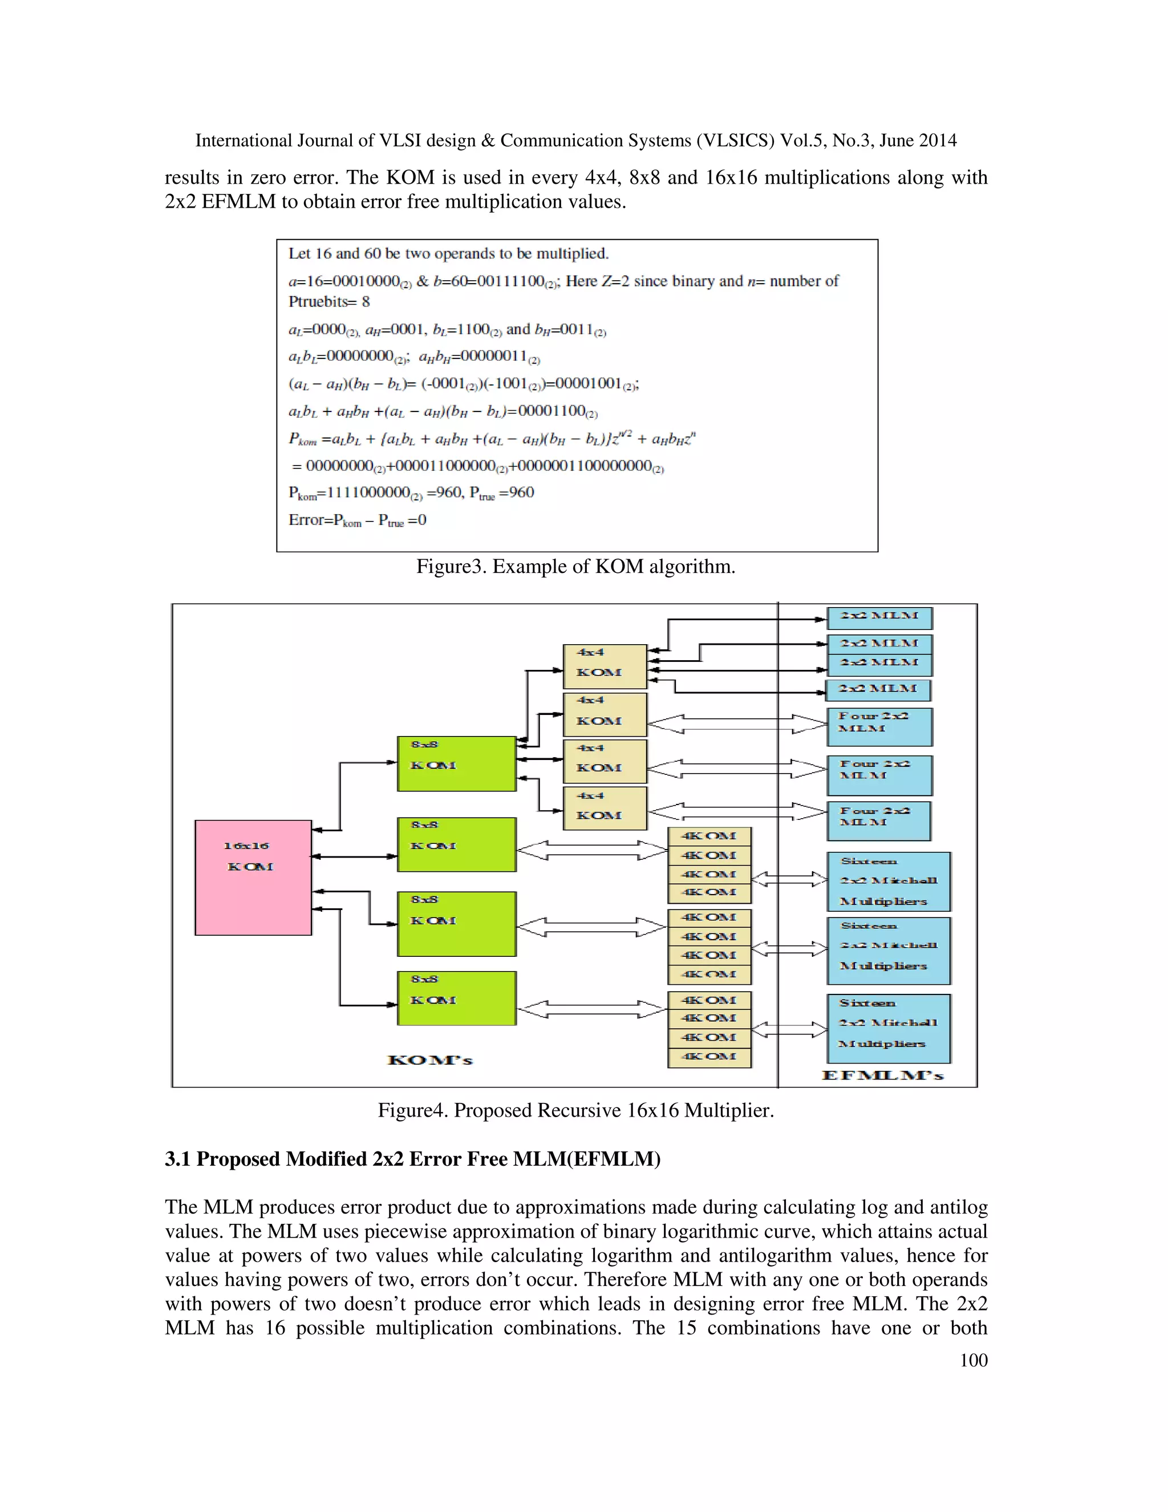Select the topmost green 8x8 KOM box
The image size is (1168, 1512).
click(457, 763)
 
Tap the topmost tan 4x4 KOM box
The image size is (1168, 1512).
click(605, 666)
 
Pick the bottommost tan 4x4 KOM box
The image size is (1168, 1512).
click(605, 808)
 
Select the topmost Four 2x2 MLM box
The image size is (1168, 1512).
click(879, 726)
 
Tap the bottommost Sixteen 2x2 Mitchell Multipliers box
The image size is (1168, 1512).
click(889, 1028)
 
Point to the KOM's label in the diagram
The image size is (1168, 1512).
click(429, 1060)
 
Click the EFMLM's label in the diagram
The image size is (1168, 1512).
click(882, 1075)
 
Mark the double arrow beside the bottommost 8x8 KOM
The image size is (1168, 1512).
click(591, 1010)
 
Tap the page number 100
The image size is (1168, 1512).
click(973, 1360)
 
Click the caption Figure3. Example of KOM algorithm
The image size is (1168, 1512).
click(575, 567)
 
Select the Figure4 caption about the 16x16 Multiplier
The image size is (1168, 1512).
click(575, 1110)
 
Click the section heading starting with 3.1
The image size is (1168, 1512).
click(412, 1159)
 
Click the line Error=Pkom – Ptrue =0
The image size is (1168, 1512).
click(357, 520)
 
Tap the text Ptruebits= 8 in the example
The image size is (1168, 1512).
click(328, 302)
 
